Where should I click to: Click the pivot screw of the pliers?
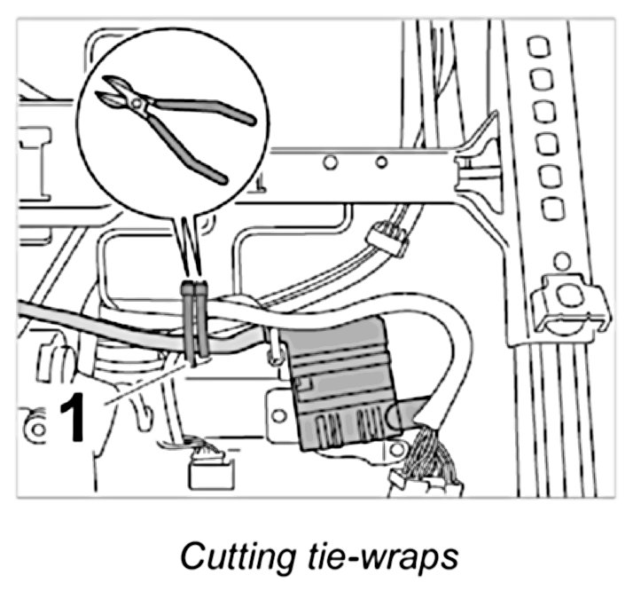coord(137,105)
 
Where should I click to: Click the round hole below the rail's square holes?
coord(560,262)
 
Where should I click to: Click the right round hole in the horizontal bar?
coord(380,162)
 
